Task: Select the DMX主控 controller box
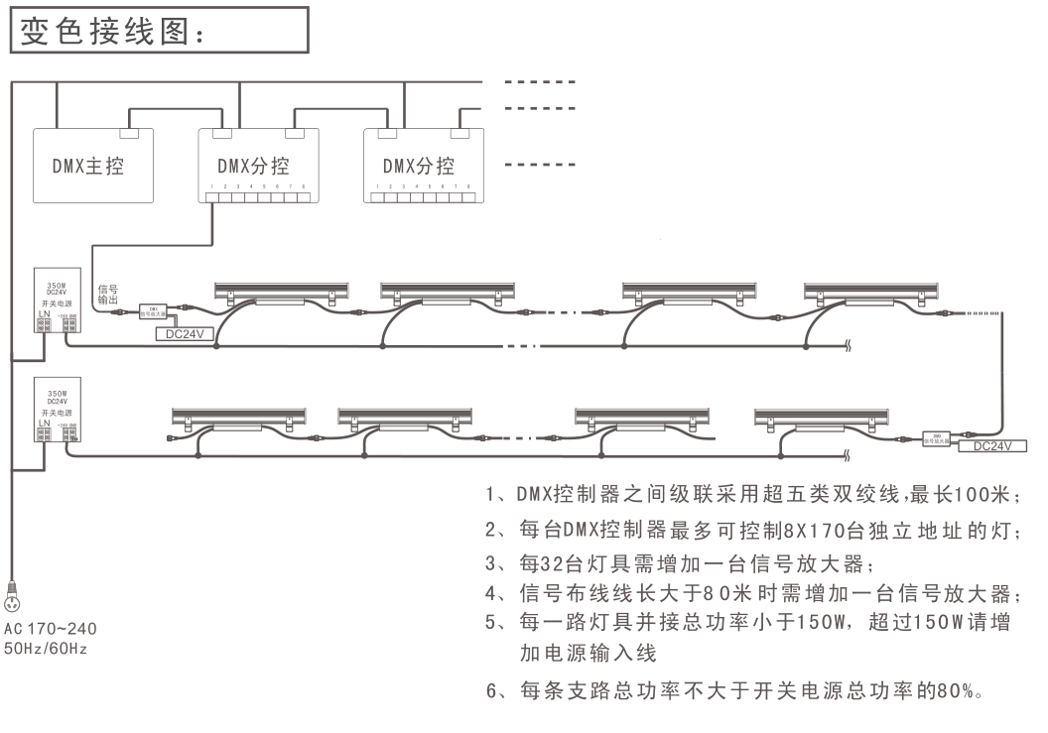(93, 166)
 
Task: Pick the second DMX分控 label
(419, 166)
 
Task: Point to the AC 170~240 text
(49, 628)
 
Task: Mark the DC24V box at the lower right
(991, 447)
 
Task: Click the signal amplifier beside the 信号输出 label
(154, 311)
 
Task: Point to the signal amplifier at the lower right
(938, 434)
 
